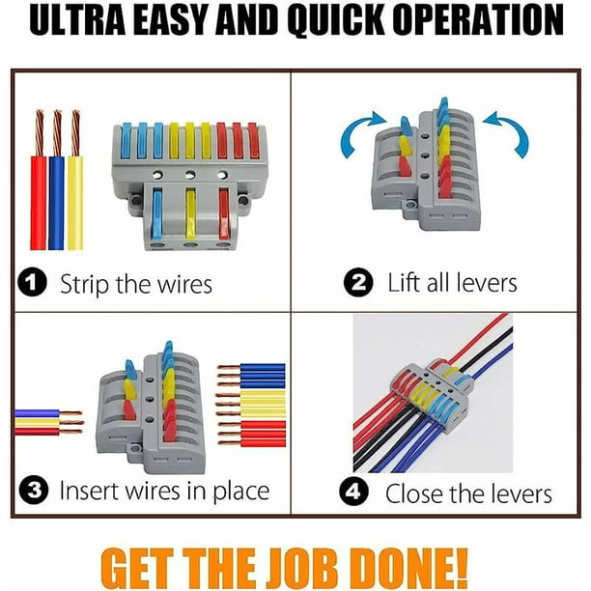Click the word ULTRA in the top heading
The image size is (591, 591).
(x=77, y=19)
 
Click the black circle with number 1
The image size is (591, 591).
(x=33, y=283)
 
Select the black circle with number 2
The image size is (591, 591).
(x=358, y=282)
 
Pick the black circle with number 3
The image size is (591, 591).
(x=34, y=490)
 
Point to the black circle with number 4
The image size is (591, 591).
(x=353, y=492)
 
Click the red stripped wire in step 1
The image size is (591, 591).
(x=39, y=180)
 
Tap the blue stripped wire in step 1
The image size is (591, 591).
(x=57, y=180)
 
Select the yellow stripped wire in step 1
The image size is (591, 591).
(x=75, y=180)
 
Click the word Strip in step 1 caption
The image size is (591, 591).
(x=84, y=285)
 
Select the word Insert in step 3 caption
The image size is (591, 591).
(x=89, y=491)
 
